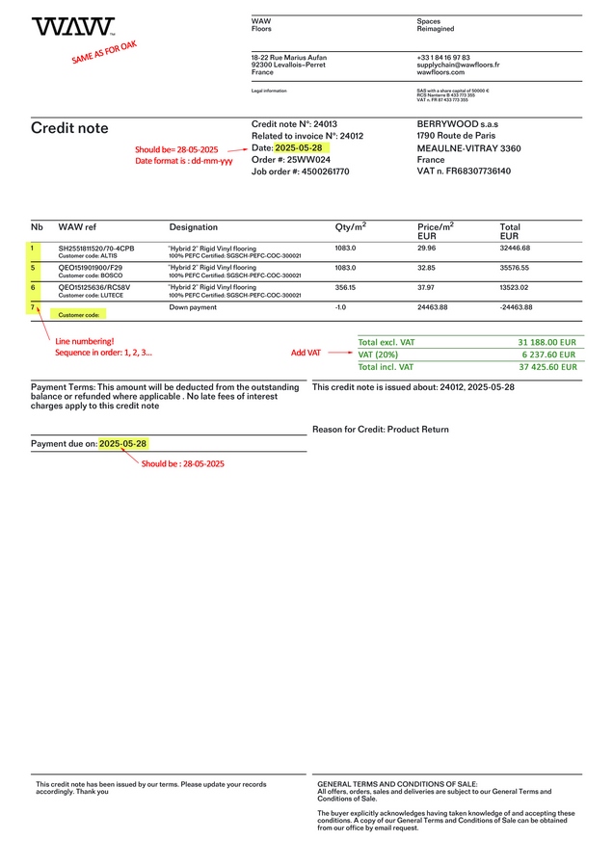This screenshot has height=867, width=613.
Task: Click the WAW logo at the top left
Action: [x=73, y=27]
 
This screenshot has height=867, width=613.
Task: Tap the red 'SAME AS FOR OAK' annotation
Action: [x=104, y=52]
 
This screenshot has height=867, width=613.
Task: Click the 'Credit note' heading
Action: [x=69, y=128]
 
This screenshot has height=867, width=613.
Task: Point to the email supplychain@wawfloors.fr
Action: [x=458, y=65]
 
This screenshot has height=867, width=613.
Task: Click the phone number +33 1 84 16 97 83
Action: [x=443, y=58]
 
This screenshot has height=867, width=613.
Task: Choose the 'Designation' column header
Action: [x=194, y=227]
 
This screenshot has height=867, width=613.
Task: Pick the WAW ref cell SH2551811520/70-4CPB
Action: [x=96, y=249]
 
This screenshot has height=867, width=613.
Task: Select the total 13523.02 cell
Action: [x=515, y=286]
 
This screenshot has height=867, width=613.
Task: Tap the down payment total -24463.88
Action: [x=516, y=307]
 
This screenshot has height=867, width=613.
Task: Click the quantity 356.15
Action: [x=345, y=286]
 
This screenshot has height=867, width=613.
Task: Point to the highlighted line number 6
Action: [x=34, y=287]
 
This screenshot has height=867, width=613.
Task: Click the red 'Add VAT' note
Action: [x=306, y=354]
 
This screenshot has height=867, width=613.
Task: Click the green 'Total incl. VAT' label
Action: [x=386, y=367]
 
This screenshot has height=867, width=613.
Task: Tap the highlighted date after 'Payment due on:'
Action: [x=124, y=444]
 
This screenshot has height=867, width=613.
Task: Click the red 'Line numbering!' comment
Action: [x=84, y=341]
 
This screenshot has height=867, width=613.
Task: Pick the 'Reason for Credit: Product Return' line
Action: [x=381, y=429]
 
